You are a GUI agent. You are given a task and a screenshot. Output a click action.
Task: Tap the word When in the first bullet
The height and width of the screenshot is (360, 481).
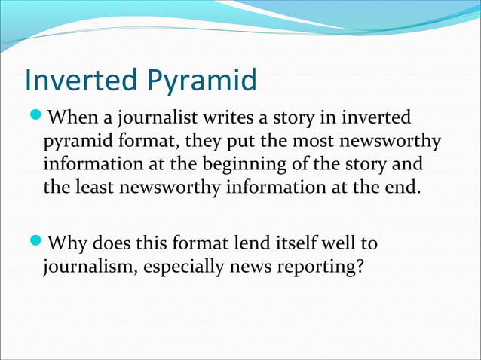pos(72,119)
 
